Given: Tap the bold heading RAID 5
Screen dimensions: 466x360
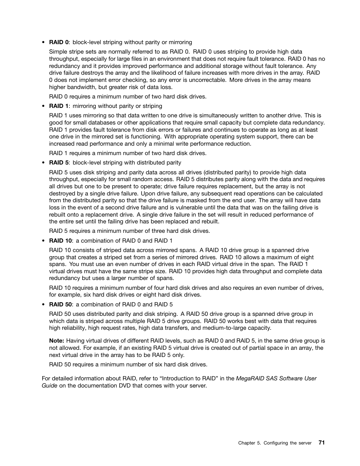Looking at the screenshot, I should pos(59,163).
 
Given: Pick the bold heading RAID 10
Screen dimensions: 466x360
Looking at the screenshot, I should pos(60,241).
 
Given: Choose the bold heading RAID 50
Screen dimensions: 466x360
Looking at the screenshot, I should pos(60,305).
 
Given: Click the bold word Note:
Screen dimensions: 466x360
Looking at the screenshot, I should pos(57,341).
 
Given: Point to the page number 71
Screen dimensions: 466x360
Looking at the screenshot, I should pos(321,443).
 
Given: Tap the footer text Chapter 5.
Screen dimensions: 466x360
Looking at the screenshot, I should pos(249,443).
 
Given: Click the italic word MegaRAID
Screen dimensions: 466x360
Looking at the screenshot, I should pos(250,378).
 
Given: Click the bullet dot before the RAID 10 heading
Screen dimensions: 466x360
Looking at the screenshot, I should pos(44,241).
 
